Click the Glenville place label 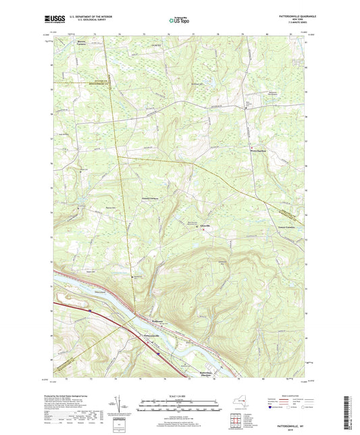[x=205, y=226]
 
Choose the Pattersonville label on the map [x=152, y=336]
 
